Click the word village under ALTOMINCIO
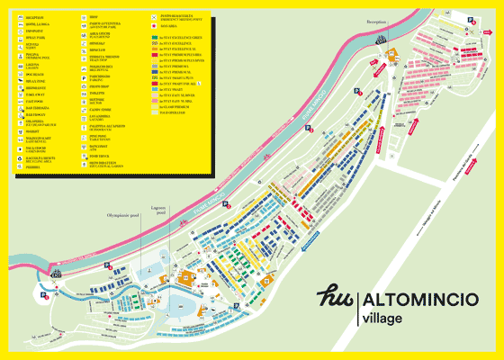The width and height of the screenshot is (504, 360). coord(382,319)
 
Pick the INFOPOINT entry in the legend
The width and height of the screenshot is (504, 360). coord(41,31)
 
